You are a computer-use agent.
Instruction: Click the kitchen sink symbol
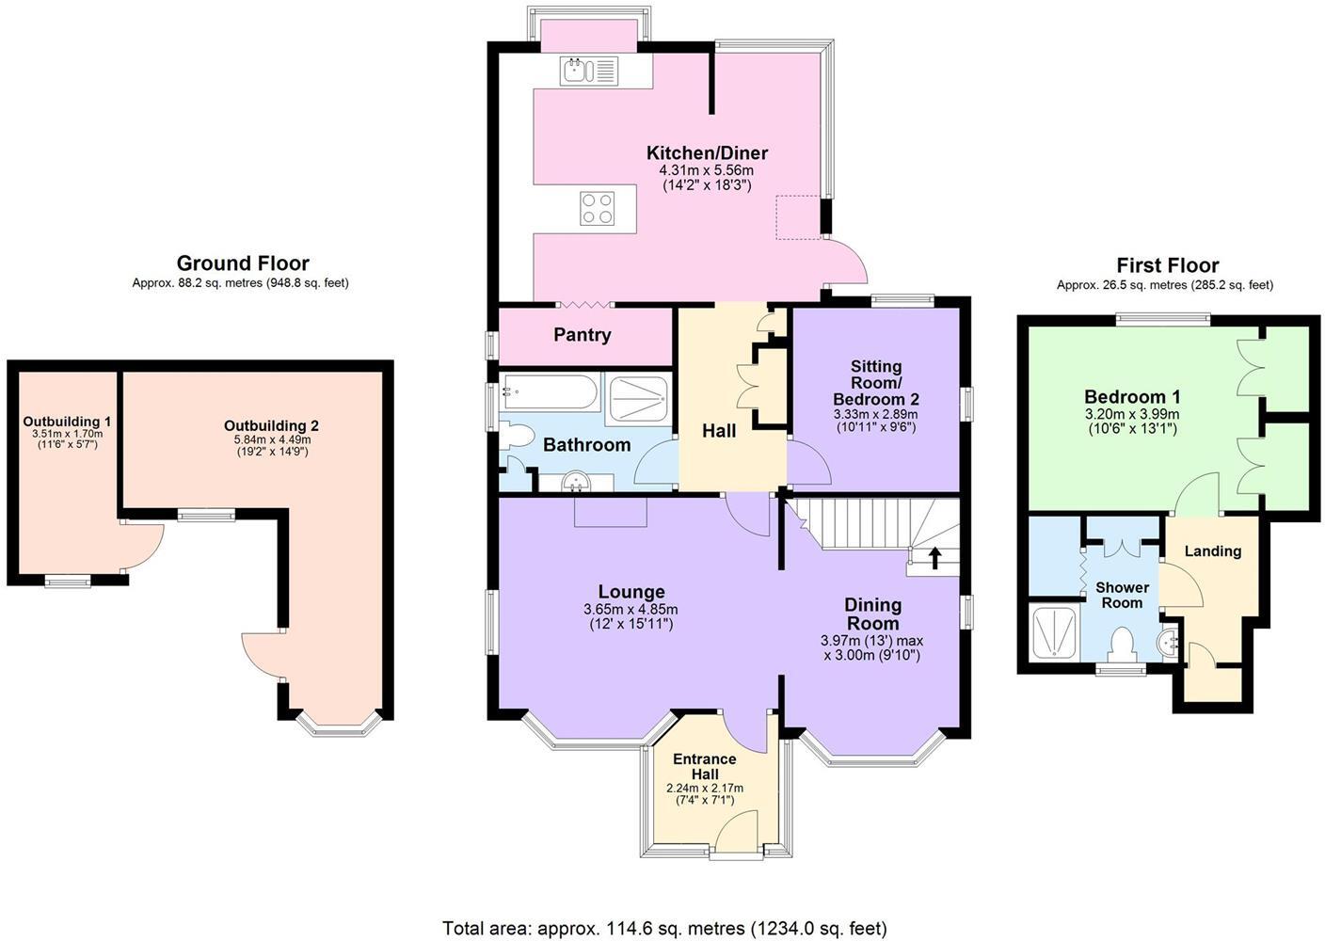tap(588, 71)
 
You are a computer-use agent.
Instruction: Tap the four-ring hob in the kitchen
tap(597, 209)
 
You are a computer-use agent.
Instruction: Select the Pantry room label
tap(582, 335)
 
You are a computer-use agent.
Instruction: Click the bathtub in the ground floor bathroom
tap(550, 392)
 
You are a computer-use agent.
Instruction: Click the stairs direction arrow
tap(934, 559)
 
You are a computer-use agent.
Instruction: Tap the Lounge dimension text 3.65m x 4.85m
tap(631, 610)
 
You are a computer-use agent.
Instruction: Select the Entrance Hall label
tap(704, 767)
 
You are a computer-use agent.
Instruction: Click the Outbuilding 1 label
tap(67, 422)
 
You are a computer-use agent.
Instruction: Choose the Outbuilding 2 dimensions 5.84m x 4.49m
tap(271, 439)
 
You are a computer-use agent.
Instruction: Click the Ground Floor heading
tap(243, 263)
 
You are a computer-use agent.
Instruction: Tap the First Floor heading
tap(1167, 265)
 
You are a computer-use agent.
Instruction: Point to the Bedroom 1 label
tap(1132, 397)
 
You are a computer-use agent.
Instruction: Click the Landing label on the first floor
tap(1212, 551)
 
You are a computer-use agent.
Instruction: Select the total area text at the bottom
tap(664, 929)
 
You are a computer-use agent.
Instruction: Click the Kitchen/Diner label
tap(707, 153)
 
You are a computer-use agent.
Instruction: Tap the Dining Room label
tap(872, 614)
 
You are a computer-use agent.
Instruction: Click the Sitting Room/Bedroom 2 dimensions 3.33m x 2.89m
tap(875, 414)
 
